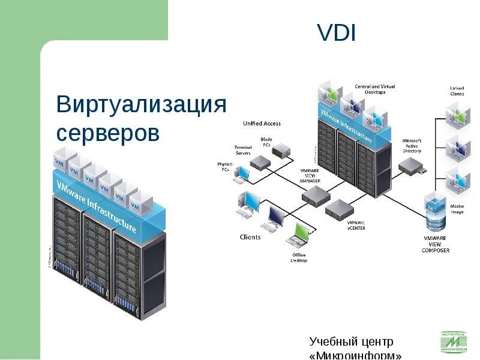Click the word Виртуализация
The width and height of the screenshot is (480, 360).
click(142, 104)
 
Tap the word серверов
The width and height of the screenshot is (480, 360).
click(108, 133)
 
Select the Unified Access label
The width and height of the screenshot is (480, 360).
click(262, 124)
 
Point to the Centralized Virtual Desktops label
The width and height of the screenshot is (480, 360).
click(375, 89)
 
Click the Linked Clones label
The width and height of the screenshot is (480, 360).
click(457, 91)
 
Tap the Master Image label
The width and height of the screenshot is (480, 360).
click(457, 208)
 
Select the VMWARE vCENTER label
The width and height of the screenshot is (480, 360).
click(356, 225)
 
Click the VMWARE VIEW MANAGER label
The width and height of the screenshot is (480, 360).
click(310, 176)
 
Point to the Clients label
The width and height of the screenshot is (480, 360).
click(250, 237)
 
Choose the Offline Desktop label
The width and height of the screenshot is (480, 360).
click(299, 257)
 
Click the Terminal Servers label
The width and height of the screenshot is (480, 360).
click(243, 150)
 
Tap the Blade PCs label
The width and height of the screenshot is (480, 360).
click(266, 142)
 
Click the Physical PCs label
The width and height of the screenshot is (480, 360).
click(224, 166)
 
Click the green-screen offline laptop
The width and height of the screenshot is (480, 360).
click(298, 235)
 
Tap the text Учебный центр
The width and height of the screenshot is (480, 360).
click(351, 342)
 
